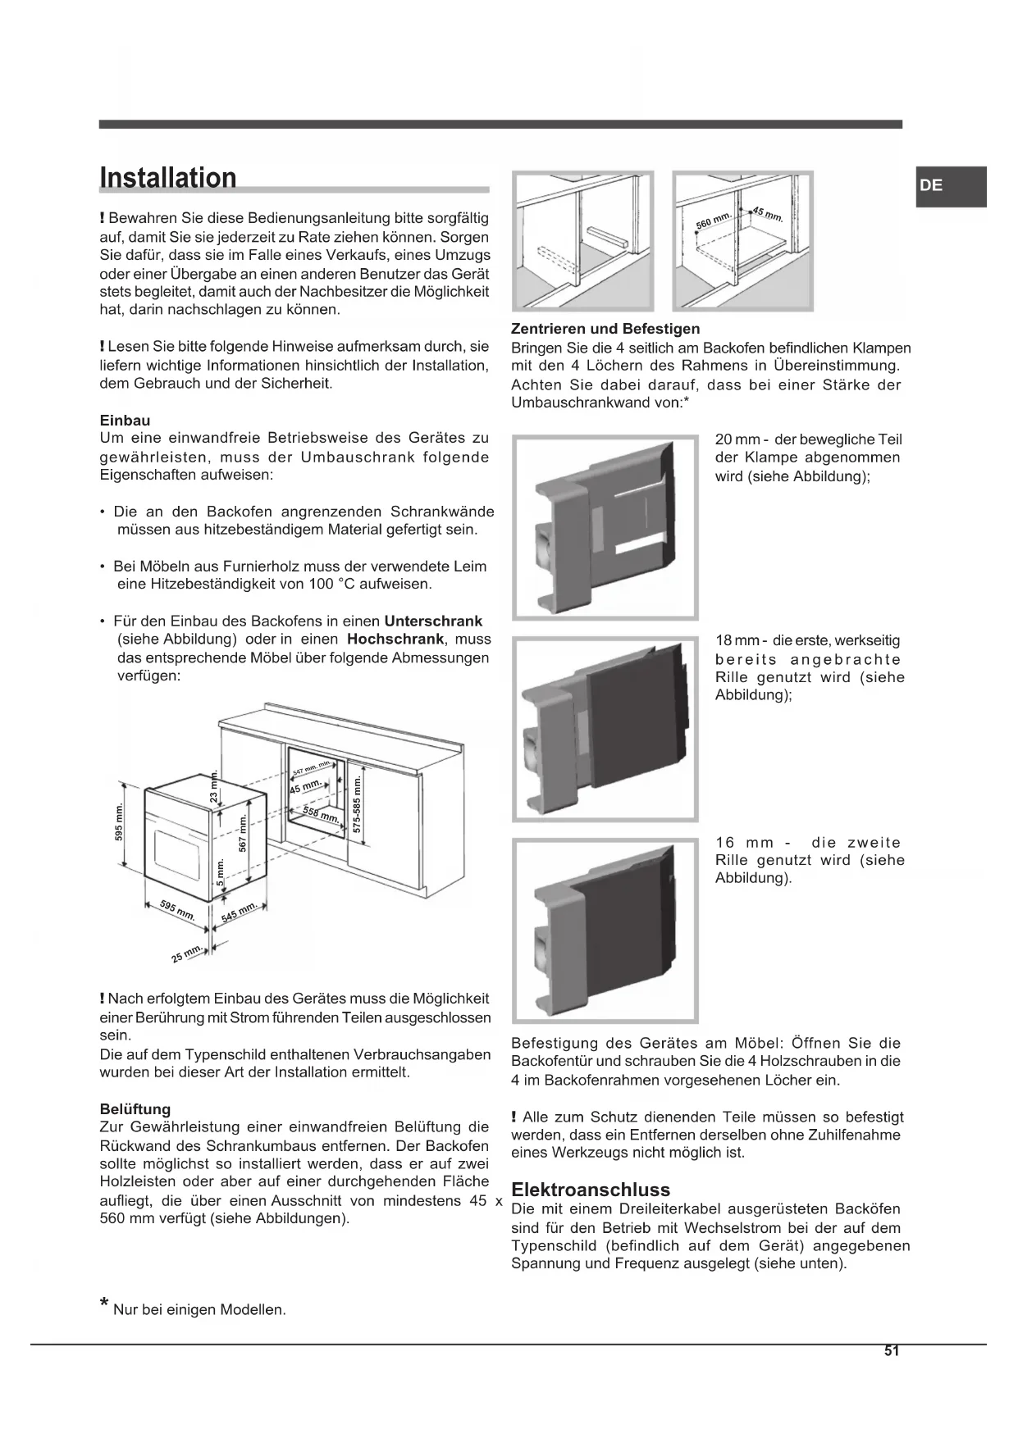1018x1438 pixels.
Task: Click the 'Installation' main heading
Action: (168, 178)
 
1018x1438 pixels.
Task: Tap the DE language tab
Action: (932, 185)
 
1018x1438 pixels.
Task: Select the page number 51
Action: (892, 1351)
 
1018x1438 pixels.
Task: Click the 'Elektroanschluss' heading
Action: (590, 1189)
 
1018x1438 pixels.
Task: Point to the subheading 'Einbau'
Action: (125, 420)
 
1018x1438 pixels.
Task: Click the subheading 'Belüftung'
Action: (135, 1109)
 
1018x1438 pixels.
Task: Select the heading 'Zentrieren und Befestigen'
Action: (605, 329)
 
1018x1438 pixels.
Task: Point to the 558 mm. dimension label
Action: (321, 814)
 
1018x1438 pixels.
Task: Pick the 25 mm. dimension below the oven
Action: (187, 953)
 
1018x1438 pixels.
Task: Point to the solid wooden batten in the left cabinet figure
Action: (606, 238)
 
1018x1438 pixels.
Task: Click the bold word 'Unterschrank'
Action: (433, 621)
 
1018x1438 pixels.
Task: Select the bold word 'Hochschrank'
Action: (395, 639)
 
